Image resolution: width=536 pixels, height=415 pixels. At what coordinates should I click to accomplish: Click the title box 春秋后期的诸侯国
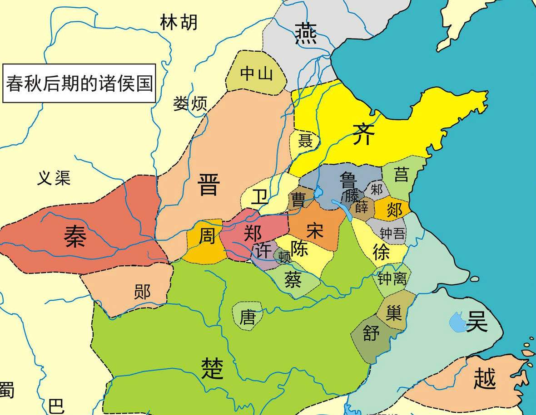(x=79, y=83)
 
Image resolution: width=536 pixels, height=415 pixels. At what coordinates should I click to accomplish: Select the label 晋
(x=209, y=185)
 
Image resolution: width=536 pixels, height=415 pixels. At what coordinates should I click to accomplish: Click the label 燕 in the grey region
(x=306, y=34)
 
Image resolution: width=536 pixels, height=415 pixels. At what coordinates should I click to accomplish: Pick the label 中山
(x=257, y=73)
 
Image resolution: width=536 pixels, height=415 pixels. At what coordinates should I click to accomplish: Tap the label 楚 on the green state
(x=212, y=368)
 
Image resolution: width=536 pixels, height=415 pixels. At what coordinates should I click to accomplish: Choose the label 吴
(x=476, y=321)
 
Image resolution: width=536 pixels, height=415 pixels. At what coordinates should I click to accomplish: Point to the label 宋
(x=314, y=230)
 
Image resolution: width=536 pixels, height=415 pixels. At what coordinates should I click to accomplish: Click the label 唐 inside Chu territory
(x=248, y=317)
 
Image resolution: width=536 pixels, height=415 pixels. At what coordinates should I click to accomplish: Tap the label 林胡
(x=179, y=22)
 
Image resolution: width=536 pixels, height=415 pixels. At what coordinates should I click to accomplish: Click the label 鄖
(x=142, y=292)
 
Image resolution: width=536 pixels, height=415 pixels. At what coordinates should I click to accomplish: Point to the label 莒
(x=401, y=174)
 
